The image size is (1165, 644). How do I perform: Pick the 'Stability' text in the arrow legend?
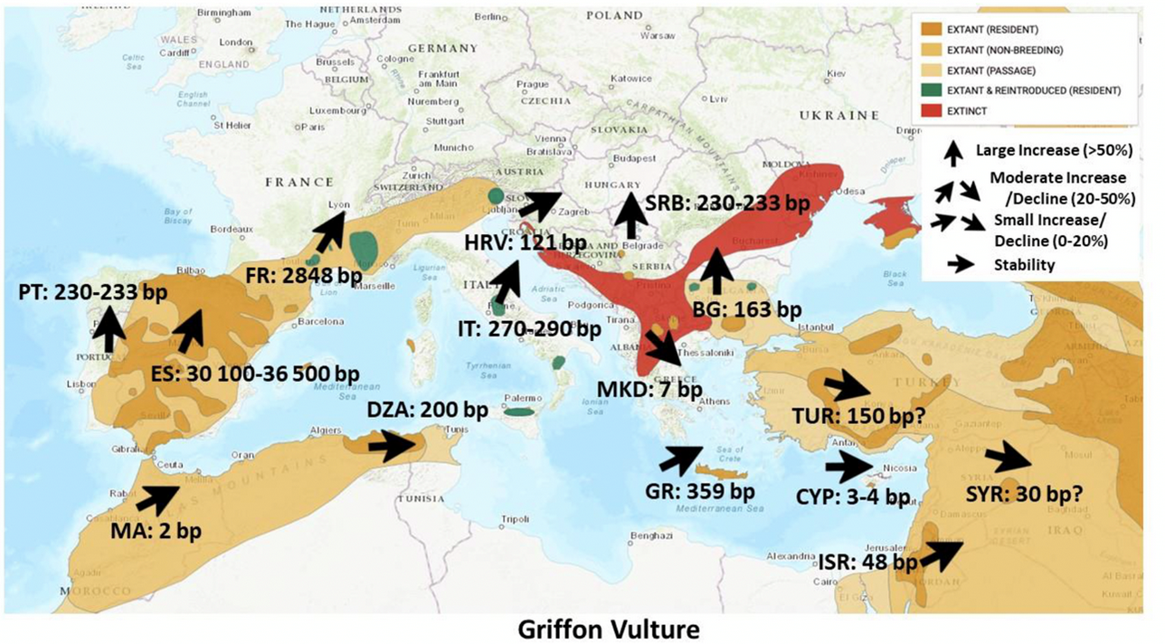(x=1024, y=264)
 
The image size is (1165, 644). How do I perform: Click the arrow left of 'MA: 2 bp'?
(x=157, y=497)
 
